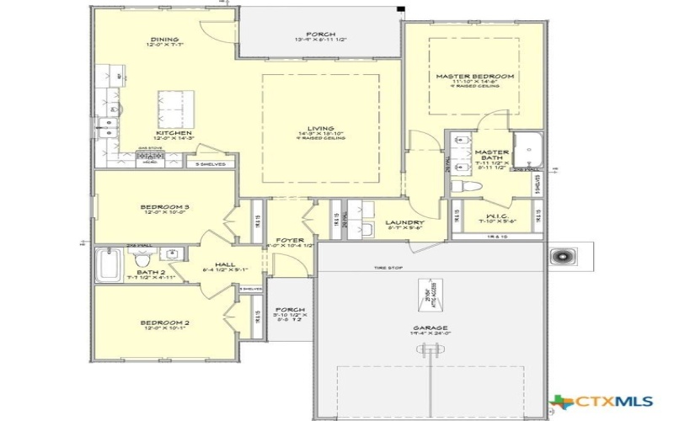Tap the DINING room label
pyautogui.click(x=163, y=39)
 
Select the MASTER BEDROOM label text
pyautogui.click(x=474, y=77)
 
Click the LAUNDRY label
pyautogui.click(x=404, y=223)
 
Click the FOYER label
pyautogui.click(x=289, y=238)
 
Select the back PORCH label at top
pyautogui.click(x=319, y=34)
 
